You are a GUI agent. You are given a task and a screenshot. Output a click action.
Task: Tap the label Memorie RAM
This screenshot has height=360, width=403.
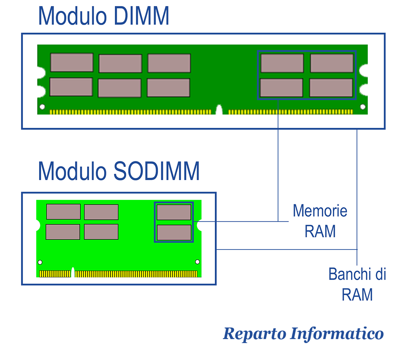pyautogui.click(x=320, y=221)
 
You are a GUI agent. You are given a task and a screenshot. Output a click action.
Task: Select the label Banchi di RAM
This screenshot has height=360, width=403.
pyautogui.click(x=357, y=284)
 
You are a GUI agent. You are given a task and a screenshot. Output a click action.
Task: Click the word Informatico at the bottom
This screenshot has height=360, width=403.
pyautogui.click(x=337, y=334)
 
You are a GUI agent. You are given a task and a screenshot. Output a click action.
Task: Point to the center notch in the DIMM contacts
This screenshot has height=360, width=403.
pyautogui.click(x=219, y=110)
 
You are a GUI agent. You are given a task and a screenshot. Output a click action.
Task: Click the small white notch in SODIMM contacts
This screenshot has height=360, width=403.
pyautogui.click(x=73, y=273)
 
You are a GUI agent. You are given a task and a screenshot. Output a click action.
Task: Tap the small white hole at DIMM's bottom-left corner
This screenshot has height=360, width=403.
pyautogui.click(x=42, y=107)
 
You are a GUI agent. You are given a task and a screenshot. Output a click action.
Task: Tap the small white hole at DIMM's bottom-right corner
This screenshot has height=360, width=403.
pyautogui.click(x=363, y=107)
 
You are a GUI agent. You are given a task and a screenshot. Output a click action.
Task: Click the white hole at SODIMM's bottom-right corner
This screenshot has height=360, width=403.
pyautogui.click(x=197, y=262)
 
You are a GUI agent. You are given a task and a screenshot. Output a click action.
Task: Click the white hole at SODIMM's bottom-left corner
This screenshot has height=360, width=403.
pyautogui.click(x=40, y=262)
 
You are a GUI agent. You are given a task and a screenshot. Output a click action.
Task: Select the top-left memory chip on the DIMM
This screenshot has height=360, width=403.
pyautogui.click(x=72, y=62)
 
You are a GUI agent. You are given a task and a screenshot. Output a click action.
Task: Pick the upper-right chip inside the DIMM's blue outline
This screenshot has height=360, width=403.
pyautogui.click(x=332, y=63)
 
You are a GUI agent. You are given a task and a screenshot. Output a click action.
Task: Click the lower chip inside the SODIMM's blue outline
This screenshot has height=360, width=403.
pyautogui.click(x=174, y=233)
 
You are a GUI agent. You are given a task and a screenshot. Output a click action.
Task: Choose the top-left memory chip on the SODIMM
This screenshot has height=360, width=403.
pyautogui.click(x=63, y=212)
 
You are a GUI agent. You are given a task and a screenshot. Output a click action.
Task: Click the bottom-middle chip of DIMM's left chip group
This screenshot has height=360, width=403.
pyautogui.click(x=120, y=88)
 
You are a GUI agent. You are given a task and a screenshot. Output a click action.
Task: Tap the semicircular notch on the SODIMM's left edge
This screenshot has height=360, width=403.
pyautogui.click(x=38, y=225)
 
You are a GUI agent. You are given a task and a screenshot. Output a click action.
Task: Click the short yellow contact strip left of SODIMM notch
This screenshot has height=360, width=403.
pyautogui.click(x=55, y=274)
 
